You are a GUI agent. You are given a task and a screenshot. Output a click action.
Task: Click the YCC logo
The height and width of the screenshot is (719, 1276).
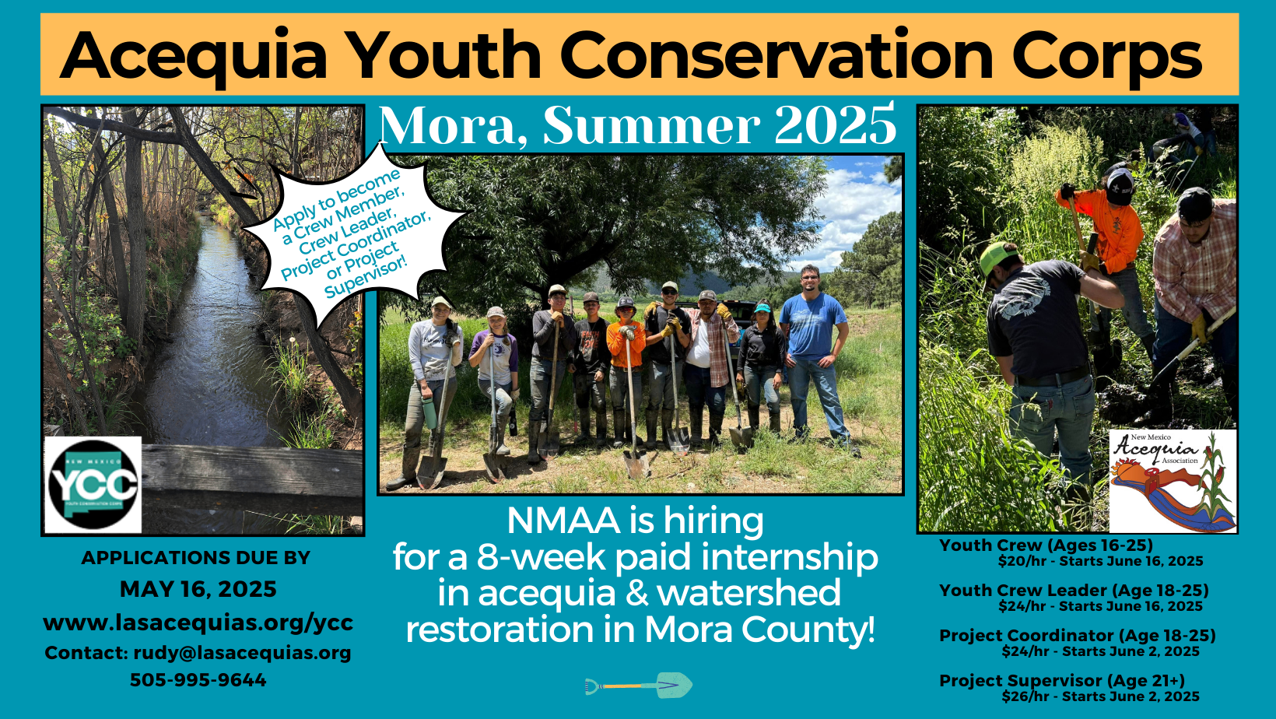click(93, 484)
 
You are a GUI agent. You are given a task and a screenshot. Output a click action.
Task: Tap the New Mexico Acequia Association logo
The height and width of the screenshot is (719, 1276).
click(1173, 480)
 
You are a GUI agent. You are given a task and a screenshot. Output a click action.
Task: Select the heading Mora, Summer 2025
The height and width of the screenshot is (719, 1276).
click(637, 126)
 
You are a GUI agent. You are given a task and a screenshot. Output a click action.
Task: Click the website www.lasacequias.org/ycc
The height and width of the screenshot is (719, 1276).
click(198, 623)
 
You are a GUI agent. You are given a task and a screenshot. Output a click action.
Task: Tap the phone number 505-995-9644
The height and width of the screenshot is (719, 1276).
click(198, 680)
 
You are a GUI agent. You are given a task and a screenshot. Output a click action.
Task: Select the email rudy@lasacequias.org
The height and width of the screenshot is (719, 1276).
click(242, 653)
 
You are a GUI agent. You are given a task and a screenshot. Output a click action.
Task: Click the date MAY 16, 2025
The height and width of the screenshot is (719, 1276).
click(198, 589)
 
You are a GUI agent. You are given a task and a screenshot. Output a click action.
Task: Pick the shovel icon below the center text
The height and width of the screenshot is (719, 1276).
click(639, 686)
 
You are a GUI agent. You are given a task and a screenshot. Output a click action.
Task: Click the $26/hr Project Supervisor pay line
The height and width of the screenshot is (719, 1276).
click(1100, 696)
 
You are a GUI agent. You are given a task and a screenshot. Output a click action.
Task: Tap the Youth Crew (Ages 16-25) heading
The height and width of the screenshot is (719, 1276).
click(1046, 545)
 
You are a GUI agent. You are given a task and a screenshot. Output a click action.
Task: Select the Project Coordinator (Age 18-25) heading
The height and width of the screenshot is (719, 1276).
click(1077, 636)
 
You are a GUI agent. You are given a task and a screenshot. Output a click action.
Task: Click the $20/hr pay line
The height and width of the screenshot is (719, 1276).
click(1100, 561)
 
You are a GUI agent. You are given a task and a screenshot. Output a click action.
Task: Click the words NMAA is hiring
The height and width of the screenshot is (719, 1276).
click(635, 521)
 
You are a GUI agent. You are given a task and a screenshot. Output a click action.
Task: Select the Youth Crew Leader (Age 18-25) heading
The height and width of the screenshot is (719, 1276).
click(1074, 591)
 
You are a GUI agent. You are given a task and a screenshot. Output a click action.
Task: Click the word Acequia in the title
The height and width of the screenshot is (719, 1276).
click(195, 56)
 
